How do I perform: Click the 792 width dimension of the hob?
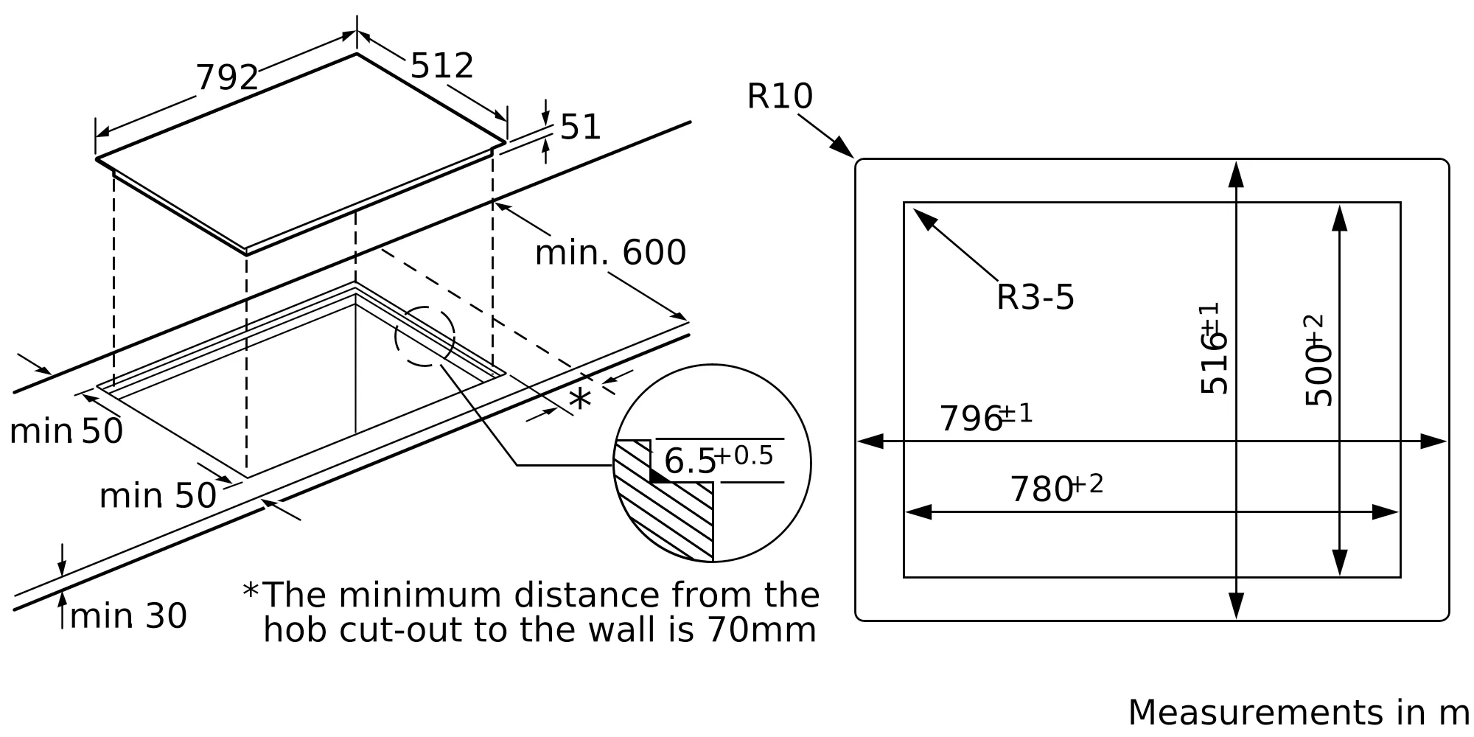point(227,78)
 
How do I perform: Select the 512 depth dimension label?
point(441,66)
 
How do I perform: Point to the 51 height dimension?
point(581,128)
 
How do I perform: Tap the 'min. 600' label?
point(610,253)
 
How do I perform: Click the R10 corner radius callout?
point(780,97)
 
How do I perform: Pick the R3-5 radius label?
point(1035,298)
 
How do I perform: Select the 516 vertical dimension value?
point(1214,361)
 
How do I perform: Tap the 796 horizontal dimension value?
point(971,419)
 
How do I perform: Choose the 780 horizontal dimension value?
point(1041,490)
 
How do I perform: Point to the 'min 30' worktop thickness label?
point(128,616)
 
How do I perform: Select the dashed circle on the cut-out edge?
point(425,336)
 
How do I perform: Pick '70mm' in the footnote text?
point(761,630)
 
